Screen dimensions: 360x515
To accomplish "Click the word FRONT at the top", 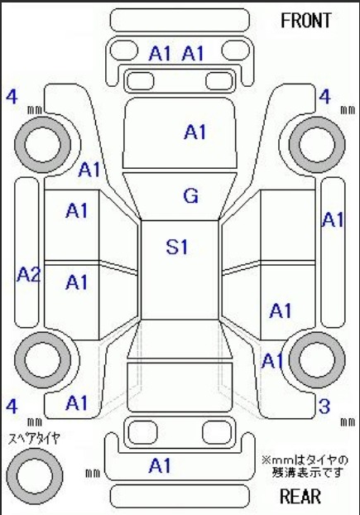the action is (306, 21).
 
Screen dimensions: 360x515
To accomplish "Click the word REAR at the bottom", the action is (300, 496).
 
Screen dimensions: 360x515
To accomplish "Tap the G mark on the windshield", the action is (190, 195).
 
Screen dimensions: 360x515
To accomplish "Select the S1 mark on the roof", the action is (177, 247).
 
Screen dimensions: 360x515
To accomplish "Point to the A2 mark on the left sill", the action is (28, 274).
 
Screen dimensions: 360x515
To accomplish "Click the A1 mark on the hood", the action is (195, 132).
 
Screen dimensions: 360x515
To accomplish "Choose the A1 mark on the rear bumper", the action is (160, 465).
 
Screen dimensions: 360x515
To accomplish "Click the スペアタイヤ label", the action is (34, 439).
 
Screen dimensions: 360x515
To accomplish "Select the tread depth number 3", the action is (324, 407).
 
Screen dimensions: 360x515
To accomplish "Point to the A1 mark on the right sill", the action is (333, 219).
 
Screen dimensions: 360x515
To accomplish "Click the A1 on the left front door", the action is (77, 210).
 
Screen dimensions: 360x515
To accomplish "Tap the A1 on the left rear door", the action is (77, 282).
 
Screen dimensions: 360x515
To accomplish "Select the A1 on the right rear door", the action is (281, 310).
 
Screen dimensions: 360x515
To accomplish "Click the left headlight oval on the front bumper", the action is (123, 51).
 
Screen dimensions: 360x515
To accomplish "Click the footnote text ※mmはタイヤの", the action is (305, 460).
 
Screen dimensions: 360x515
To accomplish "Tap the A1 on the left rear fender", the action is (77, 403).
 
